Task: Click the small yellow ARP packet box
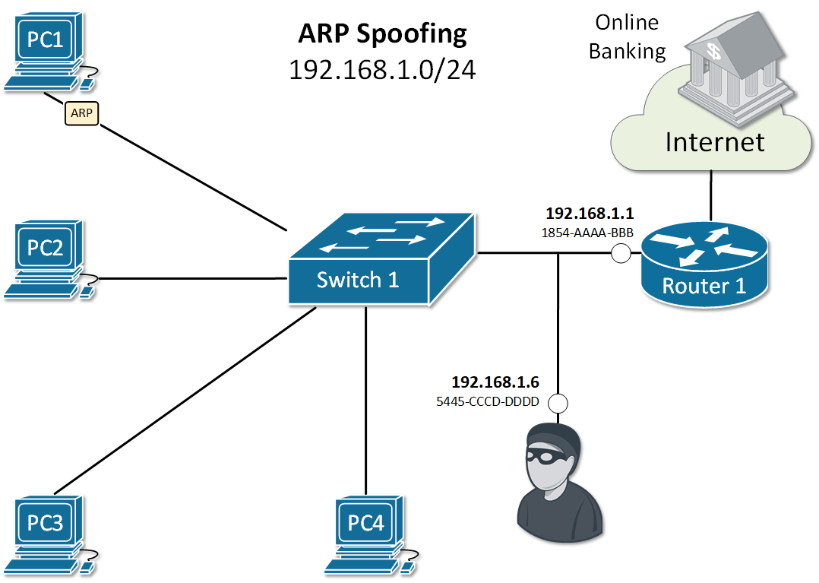[82, 113]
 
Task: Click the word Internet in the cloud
[715, 141]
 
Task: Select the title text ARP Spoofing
[382, 33]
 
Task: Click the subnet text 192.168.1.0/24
[382, 70]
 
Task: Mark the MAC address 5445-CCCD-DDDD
[488, 402]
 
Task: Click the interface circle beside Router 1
[621, 253]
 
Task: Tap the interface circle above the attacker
[558, 403]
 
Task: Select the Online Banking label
[627, 36]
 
